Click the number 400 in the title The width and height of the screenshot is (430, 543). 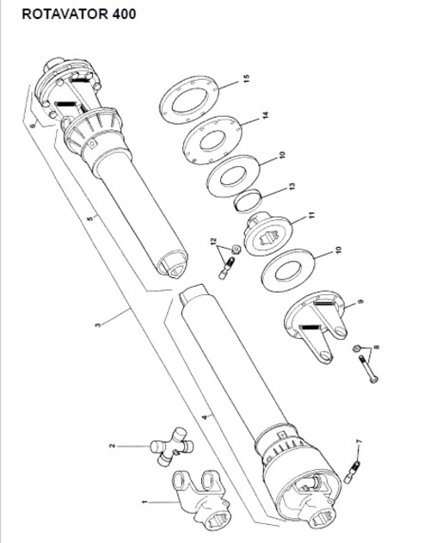tap(124, 14)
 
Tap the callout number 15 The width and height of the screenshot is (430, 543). tap(246, 79)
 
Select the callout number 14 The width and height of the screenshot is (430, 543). tap(265, 115)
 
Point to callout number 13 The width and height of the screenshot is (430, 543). tap(292, 187)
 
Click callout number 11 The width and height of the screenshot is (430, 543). tap(312, 215)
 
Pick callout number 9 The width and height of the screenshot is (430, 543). tap(361, 302)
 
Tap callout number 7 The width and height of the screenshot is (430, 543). tap(359, 441)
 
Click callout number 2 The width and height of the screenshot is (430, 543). tap(112, 446)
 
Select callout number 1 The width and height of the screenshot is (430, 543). tap(144, 502)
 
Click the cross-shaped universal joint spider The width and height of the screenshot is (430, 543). tap(172, 446)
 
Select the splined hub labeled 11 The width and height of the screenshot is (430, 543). tap(268, 235)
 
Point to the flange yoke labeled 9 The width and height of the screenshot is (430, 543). tap(315, 325)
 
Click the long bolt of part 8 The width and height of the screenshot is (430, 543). tap(369, 370)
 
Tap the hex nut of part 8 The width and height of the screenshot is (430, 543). tap(356, 349)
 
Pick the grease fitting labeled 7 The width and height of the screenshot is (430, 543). tap(352, 472)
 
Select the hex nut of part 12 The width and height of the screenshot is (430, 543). tap(236, 249)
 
